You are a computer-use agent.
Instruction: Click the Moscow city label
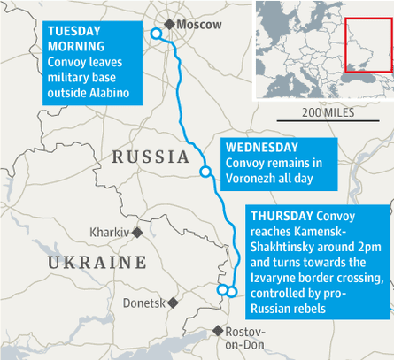click(x=199, y=25)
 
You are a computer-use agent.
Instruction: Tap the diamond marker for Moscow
click(x=169, y=24)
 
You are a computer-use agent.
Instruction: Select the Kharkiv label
click(x=109, y=233)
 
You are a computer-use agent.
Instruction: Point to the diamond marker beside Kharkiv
click(x=135, y=232)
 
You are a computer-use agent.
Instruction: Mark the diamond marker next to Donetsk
click(x=174, y=303)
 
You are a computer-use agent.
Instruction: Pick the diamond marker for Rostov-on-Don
click(x=218, y=331)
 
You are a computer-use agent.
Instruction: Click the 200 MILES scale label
click(x=327, y=112)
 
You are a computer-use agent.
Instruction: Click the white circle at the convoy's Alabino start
click(x=156, y=34)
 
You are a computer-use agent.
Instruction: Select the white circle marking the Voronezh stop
click(x=205, y=172)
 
